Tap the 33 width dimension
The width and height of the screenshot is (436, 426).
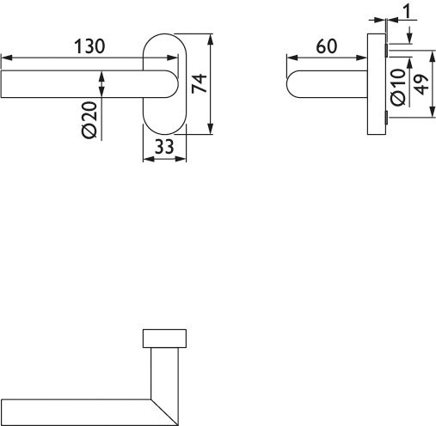(x=163, y=147)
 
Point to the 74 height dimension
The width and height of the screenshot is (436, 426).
(x=200, y=84)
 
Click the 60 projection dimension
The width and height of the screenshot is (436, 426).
(x=326, y=47)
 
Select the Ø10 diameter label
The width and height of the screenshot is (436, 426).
(x=397, y=87)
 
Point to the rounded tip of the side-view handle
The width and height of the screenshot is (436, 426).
(x=292, y=85)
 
